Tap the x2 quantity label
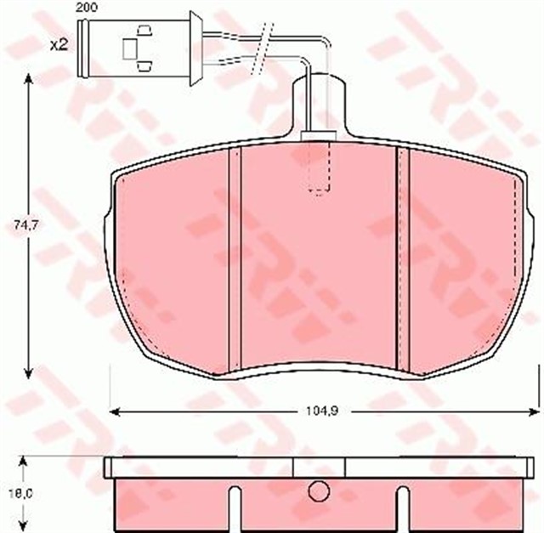[x=59, y=44]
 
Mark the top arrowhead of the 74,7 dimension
[x=30, y=79]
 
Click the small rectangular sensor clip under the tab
[x=317, y=133]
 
